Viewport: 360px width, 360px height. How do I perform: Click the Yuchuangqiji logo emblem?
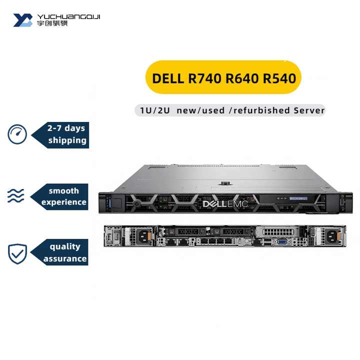(23, 20)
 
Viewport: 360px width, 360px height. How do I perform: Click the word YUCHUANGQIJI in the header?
(69, 16)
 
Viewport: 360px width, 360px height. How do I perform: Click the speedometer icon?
(17, 134)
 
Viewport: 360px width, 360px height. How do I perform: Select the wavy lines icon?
(16, 196)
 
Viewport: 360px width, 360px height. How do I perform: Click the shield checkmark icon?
(17, 253)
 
